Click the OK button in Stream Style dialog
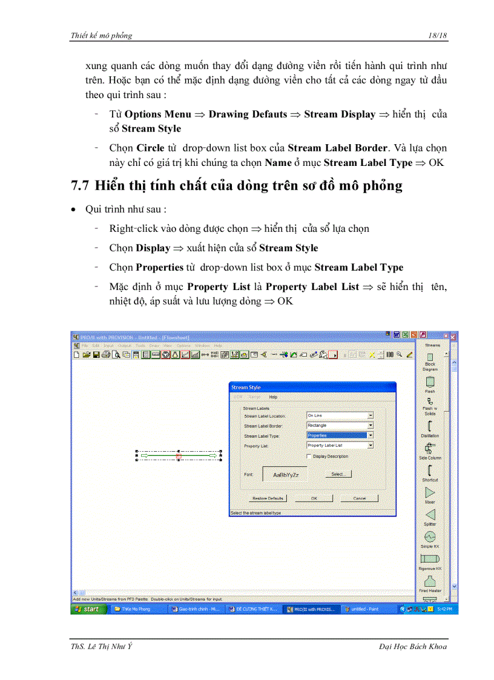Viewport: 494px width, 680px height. click(x=314, y=498)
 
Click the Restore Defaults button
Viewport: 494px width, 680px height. click(x=267, y=498)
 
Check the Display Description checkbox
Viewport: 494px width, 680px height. click(x=309, y=456)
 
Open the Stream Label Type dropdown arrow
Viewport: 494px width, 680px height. click(x=370, y=435)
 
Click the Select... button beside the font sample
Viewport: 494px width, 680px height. click(x=338, y=474)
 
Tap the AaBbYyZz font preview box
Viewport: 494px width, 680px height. click(x=285, y=475)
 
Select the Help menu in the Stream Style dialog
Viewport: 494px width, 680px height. click(x=273, y=397)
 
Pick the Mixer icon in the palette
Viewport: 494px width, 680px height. click(x=430, y=493)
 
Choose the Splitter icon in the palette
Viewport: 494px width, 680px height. click(x=430, y=515)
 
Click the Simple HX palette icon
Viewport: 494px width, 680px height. click(x=430, y=537)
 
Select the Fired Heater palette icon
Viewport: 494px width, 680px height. click(x=430, y=581)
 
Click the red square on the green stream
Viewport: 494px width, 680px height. click(x=179, y=455)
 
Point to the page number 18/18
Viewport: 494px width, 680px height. click(x=436, y=36)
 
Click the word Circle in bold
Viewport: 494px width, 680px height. click(x=150, y=148)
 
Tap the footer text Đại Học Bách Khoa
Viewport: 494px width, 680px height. click(x=412, y=647)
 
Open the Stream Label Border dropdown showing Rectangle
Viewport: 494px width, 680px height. click(x=370, y=426)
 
